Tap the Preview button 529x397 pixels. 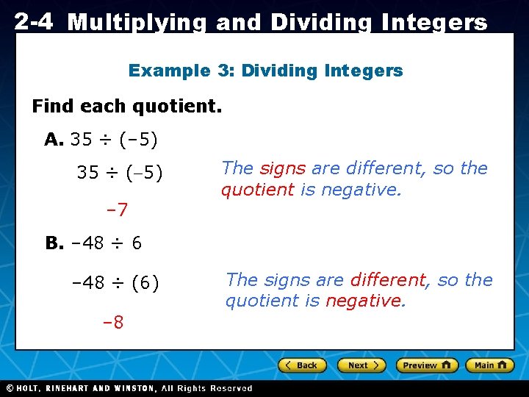point(427,365)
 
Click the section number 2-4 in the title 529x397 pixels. point(33,22)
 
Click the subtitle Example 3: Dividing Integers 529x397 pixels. point(265,71)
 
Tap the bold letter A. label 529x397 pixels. point(54,139)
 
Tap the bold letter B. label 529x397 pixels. point(55,243)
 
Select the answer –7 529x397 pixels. point(117,210)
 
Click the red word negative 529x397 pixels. point(365,300)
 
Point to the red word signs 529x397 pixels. point(283,168)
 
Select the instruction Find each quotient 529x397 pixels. point(126,106)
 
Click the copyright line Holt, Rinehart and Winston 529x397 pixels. point(129,388)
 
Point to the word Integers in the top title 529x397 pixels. point(435,23)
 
